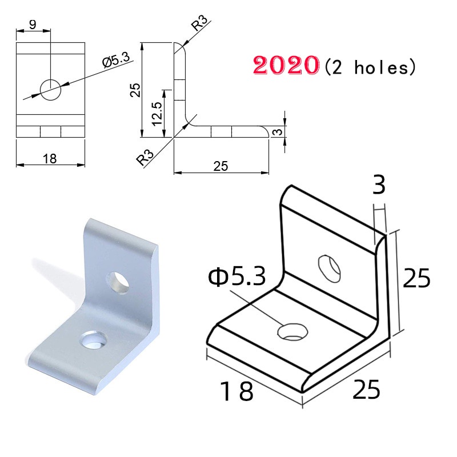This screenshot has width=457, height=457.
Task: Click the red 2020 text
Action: pyautogui.click(x=285, y=66)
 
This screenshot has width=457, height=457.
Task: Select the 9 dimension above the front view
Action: pyautogui.click(x=32, y=25)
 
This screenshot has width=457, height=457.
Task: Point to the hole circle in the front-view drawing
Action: pyautogui.click(x=50, y=89)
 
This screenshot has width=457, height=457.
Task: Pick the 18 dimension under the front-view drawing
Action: pyautogui.click(x=50, y=159)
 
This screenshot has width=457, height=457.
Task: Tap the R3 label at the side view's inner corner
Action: pyautogui.click(x=146, y=156)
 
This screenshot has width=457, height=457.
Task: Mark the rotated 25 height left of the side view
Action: pyautogui.click(x=135, y=90)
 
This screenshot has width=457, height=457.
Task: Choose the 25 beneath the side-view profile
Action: pyautogui.click(x=221, y=166)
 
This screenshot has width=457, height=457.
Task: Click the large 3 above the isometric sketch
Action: pyautogui.click(x=379, y=186)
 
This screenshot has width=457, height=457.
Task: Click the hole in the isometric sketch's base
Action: pyautogui.click(x=292, y=331)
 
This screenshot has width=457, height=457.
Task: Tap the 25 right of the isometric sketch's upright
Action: pyautogui.click(x=416, y=279)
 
